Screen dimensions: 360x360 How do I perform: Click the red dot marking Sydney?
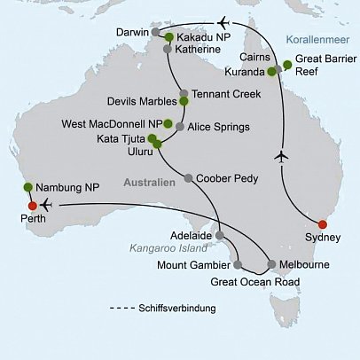coord(322,224)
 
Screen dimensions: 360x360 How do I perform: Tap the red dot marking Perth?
coord(20,207)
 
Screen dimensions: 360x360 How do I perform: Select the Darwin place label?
coord(134,32)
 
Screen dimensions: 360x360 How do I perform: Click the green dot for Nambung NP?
coord(27,186)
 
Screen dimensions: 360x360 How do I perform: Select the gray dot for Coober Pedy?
coord(187,177)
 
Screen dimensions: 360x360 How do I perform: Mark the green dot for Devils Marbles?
coord(184,101)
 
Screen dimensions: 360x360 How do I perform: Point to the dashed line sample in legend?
coord(124,308)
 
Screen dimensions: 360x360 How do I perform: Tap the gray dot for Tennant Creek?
coord(183,93)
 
